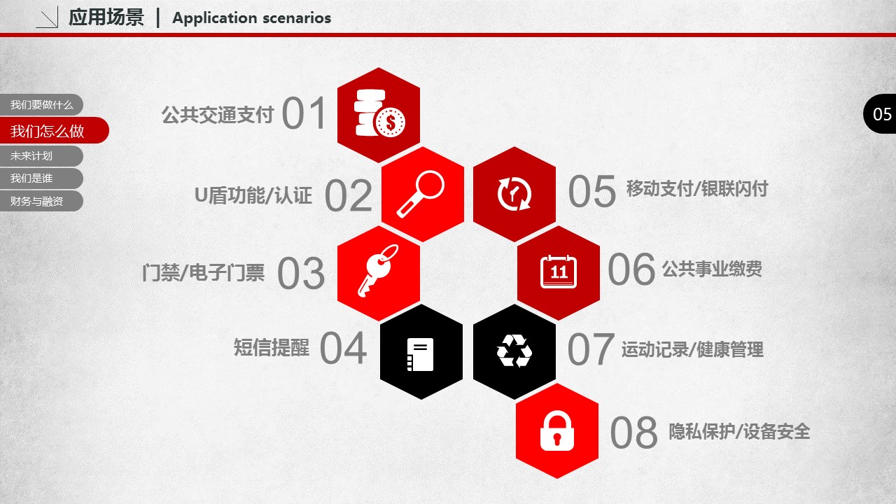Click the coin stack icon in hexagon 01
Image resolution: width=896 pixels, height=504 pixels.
pyautogui.click(x=379, y=113)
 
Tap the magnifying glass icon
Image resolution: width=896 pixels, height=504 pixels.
pyautogui.click(x=421, y=194)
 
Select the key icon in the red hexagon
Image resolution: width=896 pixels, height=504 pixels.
pyautogui.click(x=378, y=270)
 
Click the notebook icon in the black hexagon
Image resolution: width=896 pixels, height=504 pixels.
pyautogui.click(x=420, y=354)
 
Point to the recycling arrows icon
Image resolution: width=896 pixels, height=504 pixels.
pyautogui.click(x=514, y=351)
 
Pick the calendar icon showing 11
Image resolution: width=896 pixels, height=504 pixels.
pyautogui.click(x=559, y=272)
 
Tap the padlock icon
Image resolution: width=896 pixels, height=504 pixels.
pyautogui.click(x=556, y=430)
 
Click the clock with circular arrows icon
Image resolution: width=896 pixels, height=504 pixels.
pyautogui.click(x=514, y=194)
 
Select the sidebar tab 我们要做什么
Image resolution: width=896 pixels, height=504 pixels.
pyautogui.click(x=41, y=105)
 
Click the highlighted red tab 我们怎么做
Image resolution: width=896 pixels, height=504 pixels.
pyautogui.click(x=54, y=130)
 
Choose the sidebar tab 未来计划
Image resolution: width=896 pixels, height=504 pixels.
pyautogui.click(x=41, y=156)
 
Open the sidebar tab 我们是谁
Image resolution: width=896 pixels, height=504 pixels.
pyautogui.click(x=41, y=178)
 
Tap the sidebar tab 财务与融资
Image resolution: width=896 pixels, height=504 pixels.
pyautogui.click(x=41, y=201)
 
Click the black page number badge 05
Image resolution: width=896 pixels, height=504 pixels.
pyautogui.click(x=880, y=113)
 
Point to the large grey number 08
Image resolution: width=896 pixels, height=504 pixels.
pyautogui.click(x=633, y=433)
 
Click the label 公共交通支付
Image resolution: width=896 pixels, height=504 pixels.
pyautogui.click(x=218, y=115)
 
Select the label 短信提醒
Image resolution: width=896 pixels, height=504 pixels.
pyautogui.click(x=271, y=347)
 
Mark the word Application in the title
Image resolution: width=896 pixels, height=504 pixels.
pyautogui.click(x=215, y=18)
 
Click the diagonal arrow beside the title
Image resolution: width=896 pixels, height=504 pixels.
pyautogui.click(x=48, y=18)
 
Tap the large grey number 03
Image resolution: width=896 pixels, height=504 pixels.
pyautogui.click(x=301, y=273)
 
